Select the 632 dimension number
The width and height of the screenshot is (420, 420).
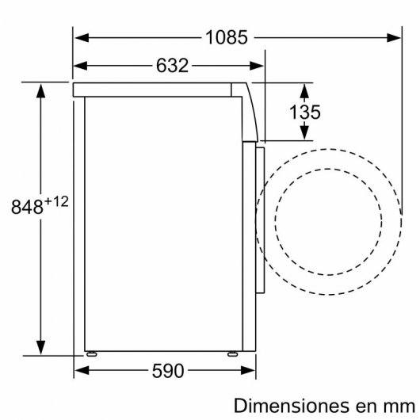point(170,66)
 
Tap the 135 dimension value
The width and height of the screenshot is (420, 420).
point(304,112)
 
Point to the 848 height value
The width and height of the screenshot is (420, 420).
point(27,208)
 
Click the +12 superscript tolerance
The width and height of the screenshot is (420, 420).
point(57,201)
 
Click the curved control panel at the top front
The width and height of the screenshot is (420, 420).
point(251,111)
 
